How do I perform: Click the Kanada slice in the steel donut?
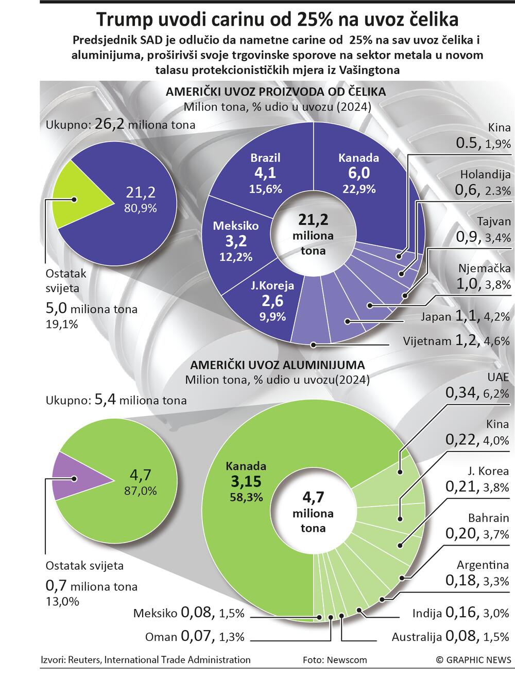click(360, 175)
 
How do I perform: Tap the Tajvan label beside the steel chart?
click(493, 222)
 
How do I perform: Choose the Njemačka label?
click(484, 268)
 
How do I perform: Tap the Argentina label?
click(483, 565)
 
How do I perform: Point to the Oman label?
click(161, 637)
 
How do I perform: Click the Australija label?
click(416, 637)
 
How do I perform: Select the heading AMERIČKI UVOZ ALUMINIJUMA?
click(278, 366)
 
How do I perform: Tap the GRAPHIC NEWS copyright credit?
click(473, 660)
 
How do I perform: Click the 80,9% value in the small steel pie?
click(140, 208)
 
